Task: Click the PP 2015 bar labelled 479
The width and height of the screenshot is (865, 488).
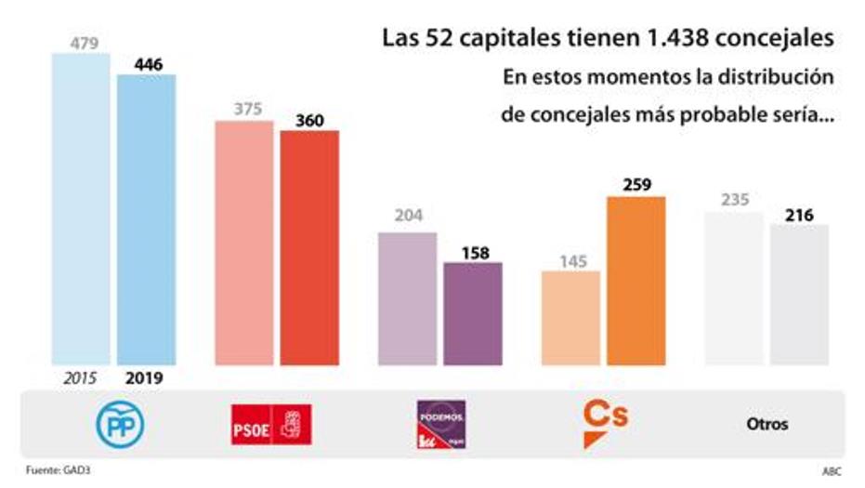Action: click(81, 209)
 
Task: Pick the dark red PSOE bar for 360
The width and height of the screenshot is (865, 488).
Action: click(309, 247)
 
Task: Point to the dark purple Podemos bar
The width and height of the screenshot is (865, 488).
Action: click(473, 313)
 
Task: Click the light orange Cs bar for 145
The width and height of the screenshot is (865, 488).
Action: click(570, 317)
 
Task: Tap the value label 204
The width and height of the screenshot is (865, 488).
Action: click(408, 216)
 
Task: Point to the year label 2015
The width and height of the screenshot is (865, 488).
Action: click(81, 378)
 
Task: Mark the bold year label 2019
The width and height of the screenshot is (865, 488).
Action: click(144, 378)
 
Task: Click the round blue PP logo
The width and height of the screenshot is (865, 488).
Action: click(121, 424)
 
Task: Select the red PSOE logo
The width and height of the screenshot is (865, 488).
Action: click(271, 425)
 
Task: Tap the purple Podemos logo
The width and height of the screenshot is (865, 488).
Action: click(440, 423)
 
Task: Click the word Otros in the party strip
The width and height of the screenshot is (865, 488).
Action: click(767, 424)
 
